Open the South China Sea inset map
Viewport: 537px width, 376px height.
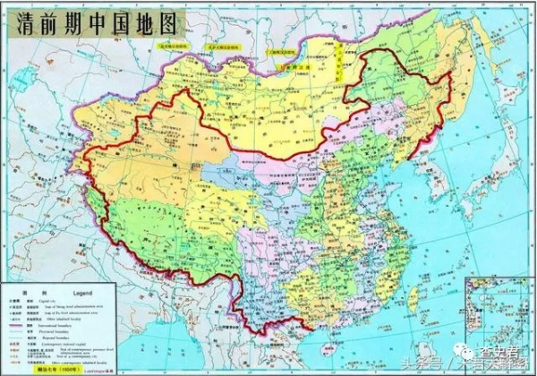click(495, 318)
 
